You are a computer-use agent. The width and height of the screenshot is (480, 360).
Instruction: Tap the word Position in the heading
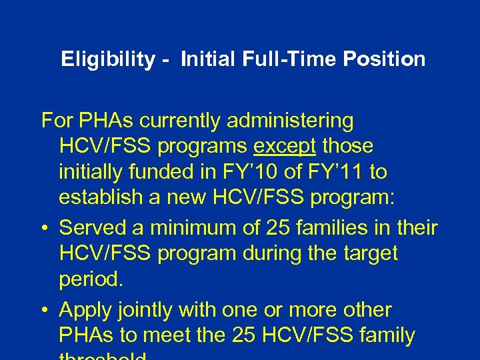pyautogui.click(x=384, y=59)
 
